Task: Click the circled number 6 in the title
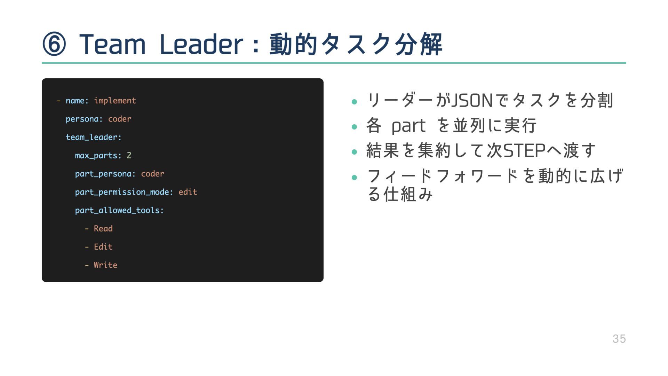(54, 44)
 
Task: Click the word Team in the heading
(112, 44)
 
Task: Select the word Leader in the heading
(201, 44)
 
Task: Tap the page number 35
(619, 339)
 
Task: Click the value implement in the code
(115, 101)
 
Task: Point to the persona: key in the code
(84, 119)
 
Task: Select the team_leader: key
(94, 137)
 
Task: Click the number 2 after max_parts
(129, 156)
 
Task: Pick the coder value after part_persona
(152, 174)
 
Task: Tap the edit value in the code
(188, 192)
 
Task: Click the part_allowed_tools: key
(119, 210)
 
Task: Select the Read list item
(103, 229)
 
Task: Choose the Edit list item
(103, 247)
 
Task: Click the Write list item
(105, 265)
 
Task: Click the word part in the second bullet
(408, 126)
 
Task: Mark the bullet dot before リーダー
(355, 102)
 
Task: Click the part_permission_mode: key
(124, 192)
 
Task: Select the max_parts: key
(98, 156)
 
